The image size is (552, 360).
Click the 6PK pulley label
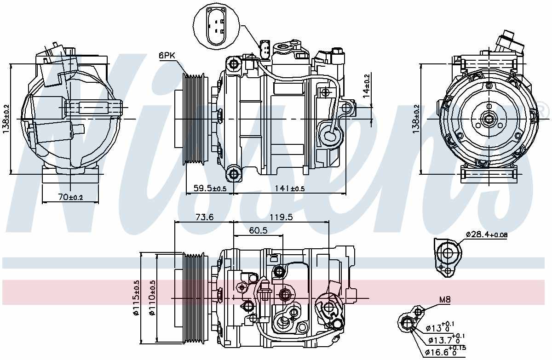[167, 56]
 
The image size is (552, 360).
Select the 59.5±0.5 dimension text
[210, 189]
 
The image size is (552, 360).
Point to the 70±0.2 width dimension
[70, 197]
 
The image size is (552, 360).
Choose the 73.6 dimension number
[204, 217]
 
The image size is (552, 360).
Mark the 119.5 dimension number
[281, 217]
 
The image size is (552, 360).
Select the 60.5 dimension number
[258, 230]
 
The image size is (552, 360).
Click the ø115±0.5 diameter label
[136, 297]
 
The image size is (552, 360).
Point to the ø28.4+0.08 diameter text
[487, 234]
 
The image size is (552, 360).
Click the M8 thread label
[445, 299]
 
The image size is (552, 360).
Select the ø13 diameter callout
[440, 328]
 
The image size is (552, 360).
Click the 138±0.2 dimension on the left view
[6, 119]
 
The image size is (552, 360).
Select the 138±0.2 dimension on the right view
[416, 119]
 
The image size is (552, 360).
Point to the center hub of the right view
[488, 120]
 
